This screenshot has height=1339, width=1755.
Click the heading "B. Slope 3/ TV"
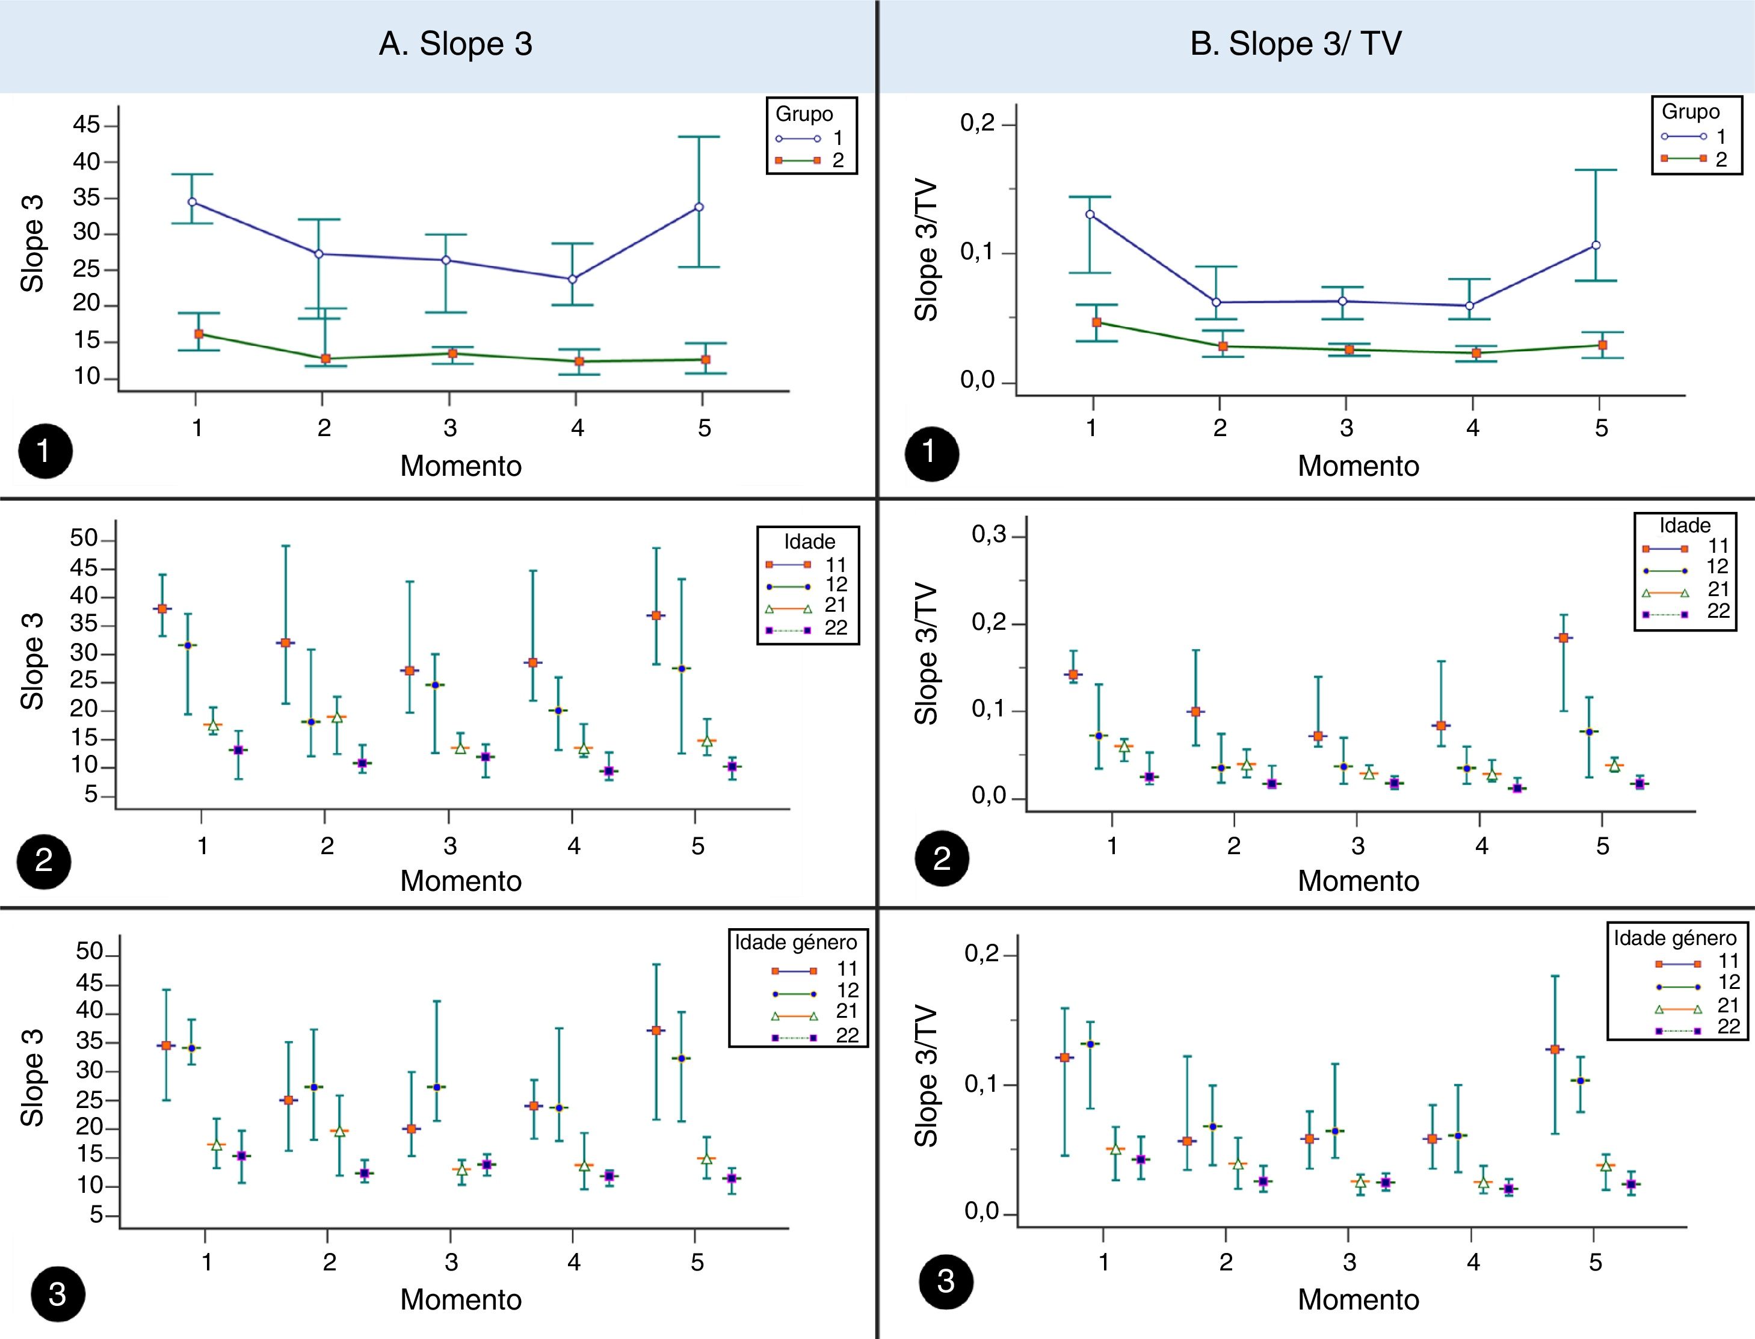(1295, 44)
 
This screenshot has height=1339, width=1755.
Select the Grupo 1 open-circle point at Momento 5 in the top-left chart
(699, 207)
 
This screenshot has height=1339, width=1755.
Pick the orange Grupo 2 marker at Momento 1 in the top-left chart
(199, 334)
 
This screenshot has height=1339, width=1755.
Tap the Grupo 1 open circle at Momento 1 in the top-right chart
(1090, 214)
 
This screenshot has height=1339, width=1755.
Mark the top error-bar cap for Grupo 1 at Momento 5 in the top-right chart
(1596, 170)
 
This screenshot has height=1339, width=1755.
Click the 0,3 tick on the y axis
(989, 535)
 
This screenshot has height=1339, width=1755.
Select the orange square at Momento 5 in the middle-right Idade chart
(1563, 638)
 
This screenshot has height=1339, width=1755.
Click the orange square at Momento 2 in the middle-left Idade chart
(285, 642)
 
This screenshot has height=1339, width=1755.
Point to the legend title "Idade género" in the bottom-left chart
(795, 943)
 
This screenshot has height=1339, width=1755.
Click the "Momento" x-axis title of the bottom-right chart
(1358, 1299)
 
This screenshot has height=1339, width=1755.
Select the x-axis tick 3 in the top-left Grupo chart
(450, 428)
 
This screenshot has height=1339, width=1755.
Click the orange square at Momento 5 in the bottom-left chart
(656, 1030)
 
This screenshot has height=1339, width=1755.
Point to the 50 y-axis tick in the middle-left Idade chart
(84, 539)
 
